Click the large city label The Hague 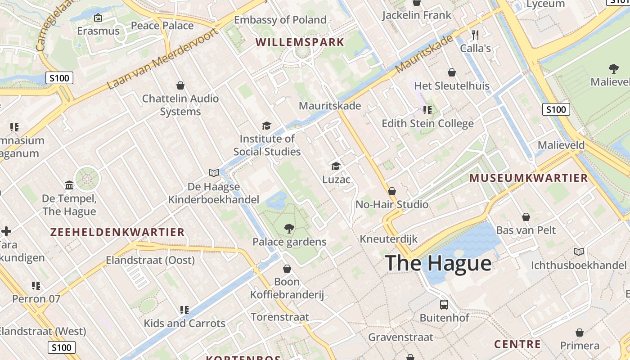[438, 263]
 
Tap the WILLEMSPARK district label [300, 42]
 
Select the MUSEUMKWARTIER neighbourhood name [529, 178]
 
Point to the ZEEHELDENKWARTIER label [117, 232]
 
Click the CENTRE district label [517, 344]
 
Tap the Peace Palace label [162, 25]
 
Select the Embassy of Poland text [280, 20]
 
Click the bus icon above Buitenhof [444, 305]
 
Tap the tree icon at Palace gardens [289, 229]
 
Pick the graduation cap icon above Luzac [336, 166]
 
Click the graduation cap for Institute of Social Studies [267, 126]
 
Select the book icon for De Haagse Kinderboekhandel [214, 173]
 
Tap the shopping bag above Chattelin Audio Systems [180, 85]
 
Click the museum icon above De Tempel [69, 185]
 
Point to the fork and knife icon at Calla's [475, 35]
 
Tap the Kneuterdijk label [389, 238]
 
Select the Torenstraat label [280, 317]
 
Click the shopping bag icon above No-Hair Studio [392, 191]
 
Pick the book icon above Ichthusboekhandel [578, 252]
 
